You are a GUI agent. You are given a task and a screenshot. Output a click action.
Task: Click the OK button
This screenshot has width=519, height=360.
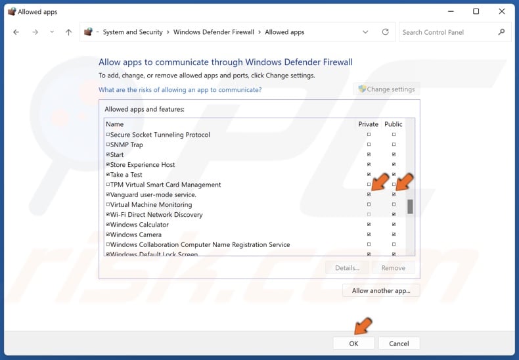click(353, 343)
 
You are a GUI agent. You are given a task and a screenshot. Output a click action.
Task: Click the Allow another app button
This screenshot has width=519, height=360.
click(381, 290)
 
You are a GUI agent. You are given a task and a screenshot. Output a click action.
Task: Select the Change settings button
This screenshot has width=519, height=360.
click(386, 89)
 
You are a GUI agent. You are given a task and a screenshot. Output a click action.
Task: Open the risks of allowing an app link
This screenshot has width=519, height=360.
click(180, 89)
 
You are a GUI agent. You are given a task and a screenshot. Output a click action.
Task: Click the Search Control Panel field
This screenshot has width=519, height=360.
click(449, 32)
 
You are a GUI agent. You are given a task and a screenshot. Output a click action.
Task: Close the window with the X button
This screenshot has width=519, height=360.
click(501, 11)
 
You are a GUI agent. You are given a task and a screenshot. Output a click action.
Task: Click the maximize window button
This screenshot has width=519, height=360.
click(476, 11)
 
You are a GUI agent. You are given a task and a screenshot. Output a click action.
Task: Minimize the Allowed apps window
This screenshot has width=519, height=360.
click(450, 11)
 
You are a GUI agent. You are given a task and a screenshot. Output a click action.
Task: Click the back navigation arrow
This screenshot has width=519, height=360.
click(16, 32)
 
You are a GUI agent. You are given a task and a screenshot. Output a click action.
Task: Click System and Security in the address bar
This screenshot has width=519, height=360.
click(133, 32)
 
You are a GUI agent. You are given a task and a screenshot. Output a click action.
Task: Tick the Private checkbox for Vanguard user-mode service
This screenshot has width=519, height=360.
click(369, 194)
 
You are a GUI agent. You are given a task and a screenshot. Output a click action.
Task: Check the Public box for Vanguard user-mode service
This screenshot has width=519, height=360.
click(394, 194)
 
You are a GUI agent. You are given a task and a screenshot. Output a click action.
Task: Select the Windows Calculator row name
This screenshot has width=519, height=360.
click(139, 225)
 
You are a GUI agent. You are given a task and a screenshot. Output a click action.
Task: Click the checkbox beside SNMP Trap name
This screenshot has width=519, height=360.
click(108, 145)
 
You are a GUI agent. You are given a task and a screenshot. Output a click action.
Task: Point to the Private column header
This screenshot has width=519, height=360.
click(368, 124)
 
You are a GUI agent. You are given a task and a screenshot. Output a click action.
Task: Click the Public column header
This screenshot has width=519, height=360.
click(393, 124)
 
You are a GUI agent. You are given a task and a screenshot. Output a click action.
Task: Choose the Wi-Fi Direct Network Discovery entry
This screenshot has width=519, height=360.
click(156, 215)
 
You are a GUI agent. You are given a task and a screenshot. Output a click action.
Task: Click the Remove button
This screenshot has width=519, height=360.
click(394, 267)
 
